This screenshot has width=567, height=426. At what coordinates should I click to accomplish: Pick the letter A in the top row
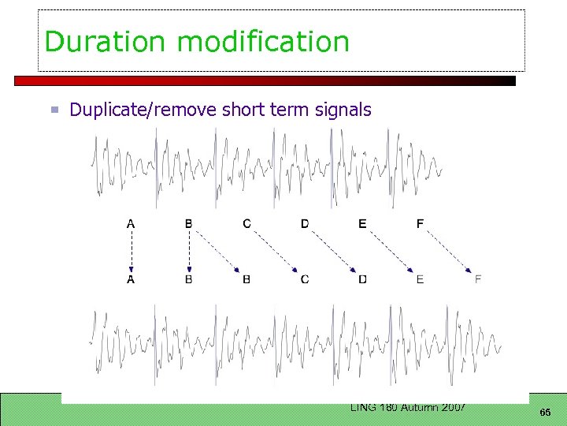click(x=131, y=224)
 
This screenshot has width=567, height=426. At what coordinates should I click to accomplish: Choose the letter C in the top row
click(x=246, y=224)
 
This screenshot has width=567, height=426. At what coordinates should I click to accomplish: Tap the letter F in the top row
click(x=420, y=224)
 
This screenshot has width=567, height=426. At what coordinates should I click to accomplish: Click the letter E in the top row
click(x=362, y=224)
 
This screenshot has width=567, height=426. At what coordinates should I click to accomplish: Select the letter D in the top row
click(x=305, y=224)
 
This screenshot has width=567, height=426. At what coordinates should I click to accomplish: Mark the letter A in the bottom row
click(x=131, y=279)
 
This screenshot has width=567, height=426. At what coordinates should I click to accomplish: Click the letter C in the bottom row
click(x=305, y=279)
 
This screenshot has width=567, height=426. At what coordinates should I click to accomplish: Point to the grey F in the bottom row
click(x=478, y=279)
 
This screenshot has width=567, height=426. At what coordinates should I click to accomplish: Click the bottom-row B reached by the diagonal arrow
click(x=246, y=279)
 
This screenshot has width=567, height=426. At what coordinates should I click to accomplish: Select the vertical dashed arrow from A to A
click(x=131, y=252)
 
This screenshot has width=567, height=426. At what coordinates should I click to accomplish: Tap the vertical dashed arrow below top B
click(x=189, y=252)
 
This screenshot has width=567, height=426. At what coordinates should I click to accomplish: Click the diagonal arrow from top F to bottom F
click(x=449, y=250)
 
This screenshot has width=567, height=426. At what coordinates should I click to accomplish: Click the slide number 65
click(x=545, y=413)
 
